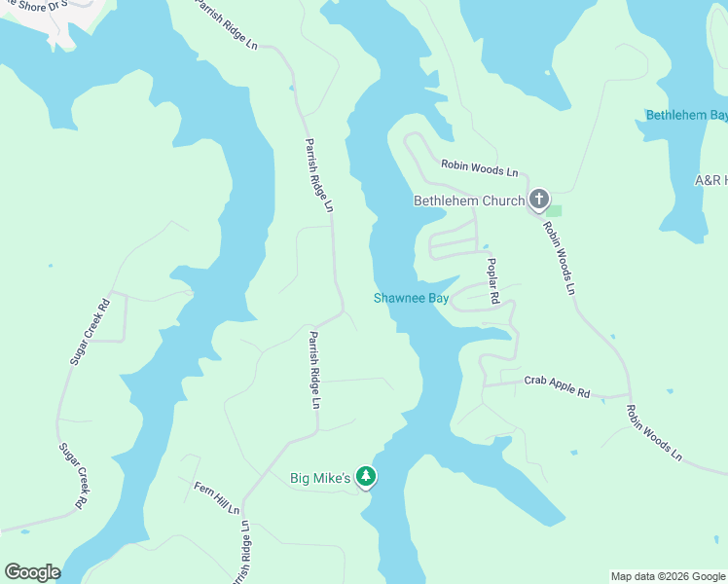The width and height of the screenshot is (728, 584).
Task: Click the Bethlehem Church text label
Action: [469, 201]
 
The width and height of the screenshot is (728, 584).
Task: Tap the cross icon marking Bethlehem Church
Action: [539, 201]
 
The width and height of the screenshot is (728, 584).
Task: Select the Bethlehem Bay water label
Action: [686, 116]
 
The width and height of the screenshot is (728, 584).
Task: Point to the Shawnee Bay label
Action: [411, 299]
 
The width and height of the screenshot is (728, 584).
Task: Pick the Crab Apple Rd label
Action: [557, 385]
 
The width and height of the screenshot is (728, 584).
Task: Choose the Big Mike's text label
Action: [320, 478]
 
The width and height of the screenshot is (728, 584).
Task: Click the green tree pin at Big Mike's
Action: [366, 476]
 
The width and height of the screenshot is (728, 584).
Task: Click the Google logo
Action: [32, 572]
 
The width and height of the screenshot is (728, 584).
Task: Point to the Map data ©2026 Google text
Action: [669, 576]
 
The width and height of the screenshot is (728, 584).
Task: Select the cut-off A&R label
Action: [710, 181]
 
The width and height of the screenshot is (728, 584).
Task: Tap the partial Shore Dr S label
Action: [35, 5]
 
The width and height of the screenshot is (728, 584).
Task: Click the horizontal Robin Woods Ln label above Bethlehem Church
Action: [479, 168]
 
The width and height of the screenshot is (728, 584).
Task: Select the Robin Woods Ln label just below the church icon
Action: [561, 258]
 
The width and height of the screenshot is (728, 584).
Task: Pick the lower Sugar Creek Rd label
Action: [71, 476]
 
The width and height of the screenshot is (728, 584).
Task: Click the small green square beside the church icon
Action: [555, 209]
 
